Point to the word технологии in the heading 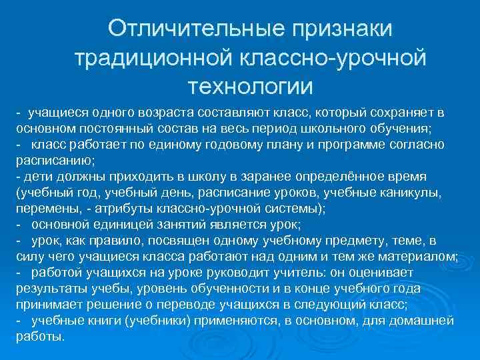pos(250,87)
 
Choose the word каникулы pos(413,192)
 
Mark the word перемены pos(41,208)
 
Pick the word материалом pos(414,256)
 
